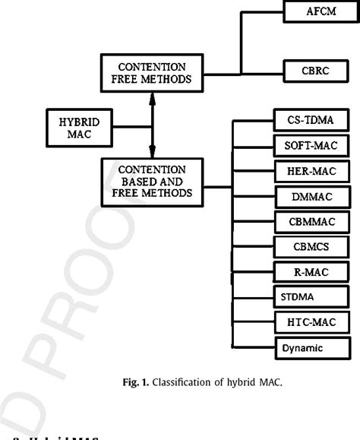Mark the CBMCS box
click(311, 247)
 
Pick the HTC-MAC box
click(311, 323)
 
